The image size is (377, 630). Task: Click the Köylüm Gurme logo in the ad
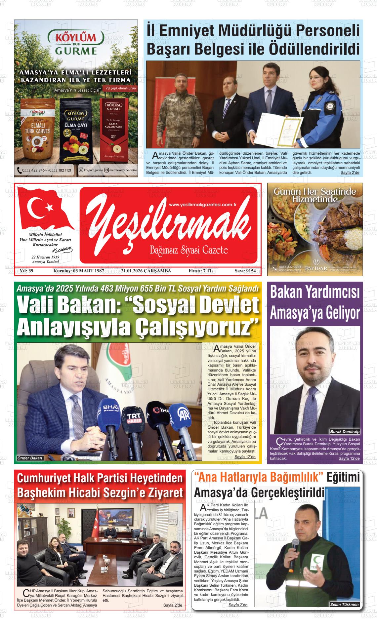click(76, 42)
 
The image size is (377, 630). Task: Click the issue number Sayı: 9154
click(245, 271)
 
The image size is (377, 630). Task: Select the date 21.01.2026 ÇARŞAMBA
click(146, 271)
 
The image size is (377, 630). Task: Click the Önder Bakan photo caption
click(30, 458)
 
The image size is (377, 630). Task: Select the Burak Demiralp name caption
click(345, 432)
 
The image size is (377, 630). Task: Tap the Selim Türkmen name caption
click(344, 604)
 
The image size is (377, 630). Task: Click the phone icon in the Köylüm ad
click(19, 170)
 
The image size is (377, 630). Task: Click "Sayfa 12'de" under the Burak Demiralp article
click(349, 458)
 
